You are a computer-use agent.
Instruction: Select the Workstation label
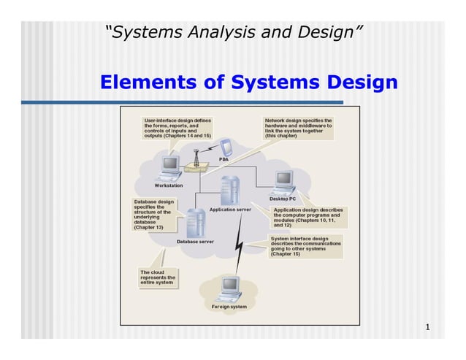coord(169,185)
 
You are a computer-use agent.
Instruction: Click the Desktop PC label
coord(283,198)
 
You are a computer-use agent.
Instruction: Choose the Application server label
coord(230,210)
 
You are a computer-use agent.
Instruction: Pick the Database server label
coord(195,241)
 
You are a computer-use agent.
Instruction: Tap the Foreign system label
coord(229,307)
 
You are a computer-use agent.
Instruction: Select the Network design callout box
coord(297,128)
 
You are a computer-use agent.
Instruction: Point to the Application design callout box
coord(307,217)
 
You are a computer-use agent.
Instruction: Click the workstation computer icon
coord(171,167)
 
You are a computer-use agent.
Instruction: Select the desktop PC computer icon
coord(283,181)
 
